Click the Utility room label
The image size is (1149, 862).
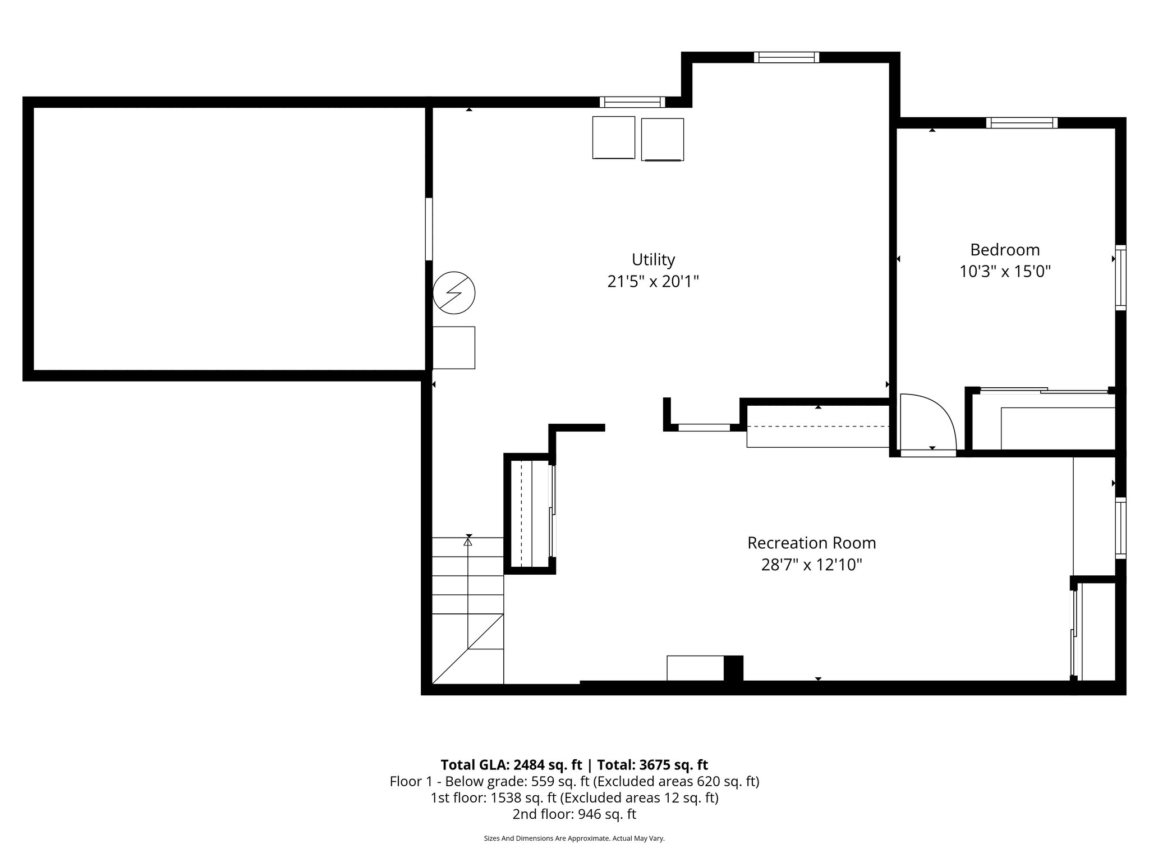pyautogui.click(x=653, y=260)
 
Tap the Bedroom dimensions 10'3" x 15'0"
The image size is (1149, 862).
pyautogui.click(x=1005, y=272)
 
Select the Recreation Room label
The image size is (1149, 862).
pyautogui.click(x=811, y=543)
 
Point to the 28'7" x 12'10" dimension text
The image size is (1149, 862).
pyautogui.click(x=811, y=565)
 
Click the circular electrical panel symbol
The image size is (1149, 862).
pyautogui.click(x=454, y=293)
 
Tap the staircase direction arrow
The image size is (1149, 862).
pyautogui.click(x=468, y=540)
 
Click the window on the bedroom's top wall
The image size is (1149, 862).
pyautogui.click(x=1022, y=123)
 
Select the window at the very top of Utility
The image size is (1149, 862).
pyautogui.click(x=786, y=57)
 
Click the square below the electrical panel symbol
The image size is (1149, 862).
pyautogui.click(x=453, y=348)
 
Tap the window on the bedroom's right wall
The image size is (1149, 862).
pyautogui.click(x=1120, y=277)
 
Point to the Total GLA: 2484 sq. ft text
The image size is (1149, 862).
pyautogui.click(x=511, y=765)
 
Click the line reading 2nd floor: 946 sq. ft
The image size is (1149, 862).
pyautogui.click(x=574, y=814)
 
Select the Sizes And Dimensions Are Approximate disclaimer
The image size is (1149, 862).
pyautogui.click(x=574, y=838)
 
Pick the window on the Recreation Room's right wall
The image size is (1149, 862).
pyautogui.click(x=1120, y=528)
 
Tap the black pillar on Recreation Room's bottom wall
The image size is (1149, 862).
pyautogui.click(x=733, y=668)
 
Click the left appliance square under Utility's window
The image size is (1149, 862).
pyautogui.click(x=613, y=137)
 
